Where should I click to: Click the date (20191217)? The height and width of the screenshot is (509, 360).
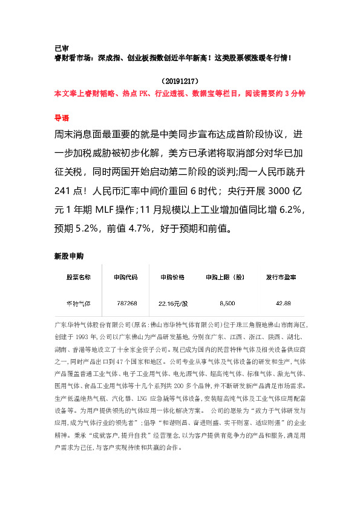[179, 80]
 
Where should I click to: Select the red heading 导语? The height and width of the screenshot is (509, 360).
[62, 117]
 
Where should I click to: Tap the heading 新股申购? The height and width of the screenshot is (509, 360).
[69, 256]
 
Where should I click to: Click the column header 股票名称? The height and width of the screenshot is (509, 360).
[79, 277]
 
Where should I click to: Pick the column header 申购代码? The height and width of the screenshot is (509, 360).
[125, 277]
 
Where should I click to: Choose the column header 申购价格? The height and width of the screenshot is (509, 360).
[172, 277]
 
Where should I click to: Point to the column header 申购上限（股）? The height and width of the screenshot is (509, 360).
[225, 277]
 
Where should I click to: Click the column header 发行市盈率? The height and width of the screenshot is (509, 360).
[281, 277]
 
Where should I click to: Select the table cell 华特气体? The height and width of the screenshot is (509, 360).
[79, 303]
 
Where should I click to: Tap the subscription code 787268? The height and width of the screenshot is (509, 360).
[127, 303]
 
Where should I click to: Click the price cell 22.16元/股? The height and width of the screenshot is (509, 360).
[173, 303]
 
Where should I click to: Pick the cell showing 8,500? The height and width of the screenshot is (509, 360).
[227, 303]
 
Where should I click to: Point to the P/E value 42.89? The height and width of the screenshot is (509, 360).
[283, 303]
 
